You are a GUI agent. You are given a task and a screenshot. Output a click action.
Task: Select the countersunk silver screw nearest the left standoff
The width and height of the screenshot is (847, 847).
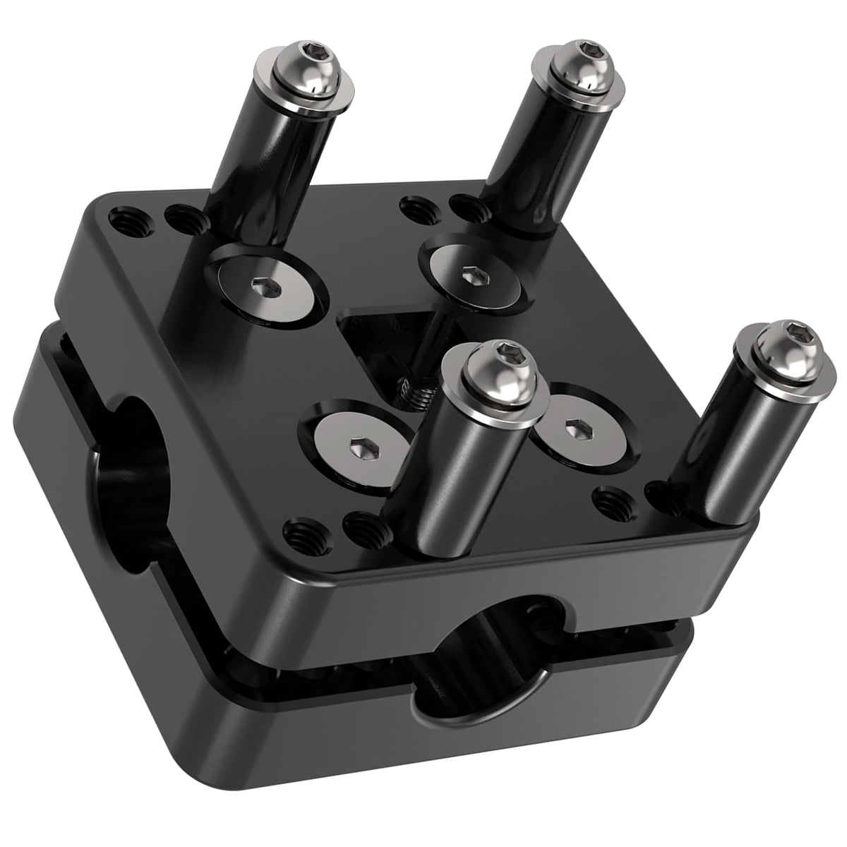point(265,286)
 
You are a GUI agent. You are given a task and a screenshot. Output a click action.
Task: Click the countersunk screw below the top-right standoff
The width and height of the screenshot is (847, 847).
point(471,274)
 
